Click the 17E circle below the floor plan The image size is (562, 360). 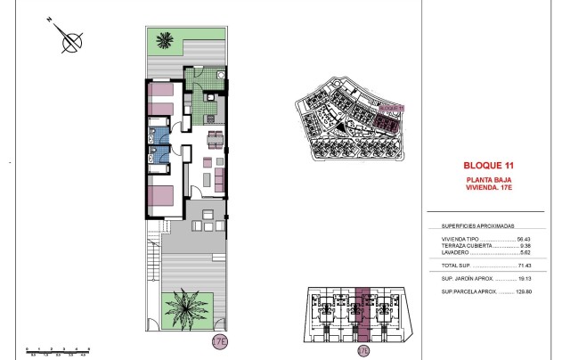coord(219,341)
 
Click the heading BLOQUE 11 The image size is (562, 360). coord(490,165)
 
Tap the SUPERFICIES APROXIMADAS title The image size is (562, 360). coord(479,227)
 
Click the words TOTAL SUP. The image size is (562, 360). coord(455,266)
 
